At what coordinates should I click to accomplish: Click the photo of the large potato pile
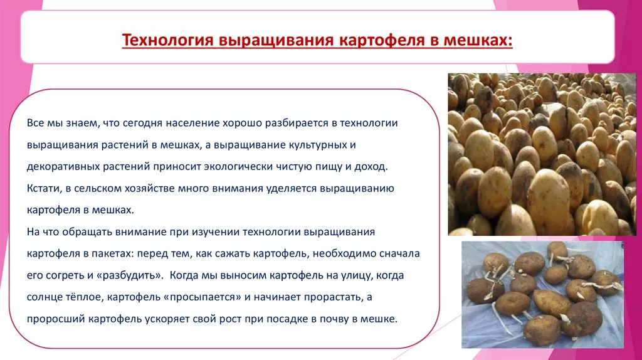542,154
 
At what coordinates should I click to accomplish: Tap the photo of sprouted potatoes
542,295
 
